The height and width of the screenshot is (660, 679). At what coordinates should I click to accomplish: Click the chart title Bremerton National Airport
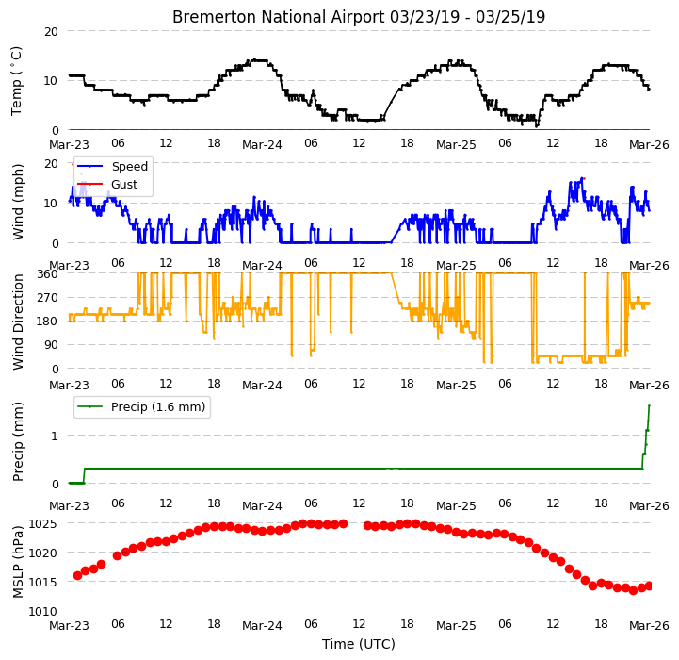click(279, 17)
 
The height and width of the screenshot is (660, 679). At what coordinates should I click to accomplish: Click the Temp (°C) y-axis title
click(16, 81)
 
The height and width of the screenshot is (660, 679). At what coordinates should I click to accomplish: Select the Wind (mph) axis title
click(18, 202)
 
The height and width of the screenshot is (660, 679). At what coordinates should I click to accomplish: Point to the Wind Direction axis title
click(18, 322)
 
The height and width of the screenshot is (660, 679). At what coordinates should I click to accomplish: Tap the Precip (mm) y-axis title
click(18, 441)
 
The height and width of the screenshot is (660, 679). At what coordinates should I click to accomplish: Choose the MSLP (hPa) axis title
click(18, 562)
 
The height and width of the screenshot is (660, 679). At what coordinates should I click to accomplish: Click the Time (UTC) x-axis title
click(359, 644)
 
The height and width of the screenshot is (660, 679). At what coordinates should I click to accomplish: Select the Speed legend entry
click(129, 167)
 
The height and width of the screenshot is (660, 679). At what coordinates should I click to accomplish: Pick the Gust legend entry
click(124, 184)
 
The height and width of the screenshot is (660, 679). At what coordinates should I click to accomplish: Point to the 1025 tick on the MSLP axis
click(42, 524)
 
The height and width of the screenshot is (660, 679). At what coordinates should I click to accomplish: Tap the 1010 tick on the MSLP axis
click(42, 611)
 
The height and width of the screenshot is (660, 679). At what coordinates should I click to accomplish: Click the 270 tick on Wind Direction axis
click(48, 298)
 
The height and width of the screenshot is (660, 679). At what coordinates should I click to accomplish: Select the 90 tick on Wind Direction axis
click(51, 345)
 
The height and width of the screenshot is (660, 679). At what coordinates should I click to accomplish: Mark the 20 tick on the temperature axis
click(51, 31)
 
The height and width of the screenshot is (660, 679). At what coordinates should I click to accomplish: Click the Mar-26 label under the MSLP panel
click(649, 625)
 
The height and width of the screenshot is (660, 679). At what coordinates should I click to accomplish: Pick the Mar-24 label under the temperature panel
click(262, 144)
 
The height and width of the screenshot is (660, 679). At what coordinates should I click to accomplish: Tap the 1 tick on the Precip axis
click(55, 436)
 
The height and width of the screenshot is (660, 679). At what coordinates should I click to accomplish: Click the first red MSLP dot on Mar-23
click(77, 575)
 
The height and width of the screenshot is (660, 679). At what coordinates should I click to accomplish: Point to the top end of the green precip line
click(649, 405)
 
